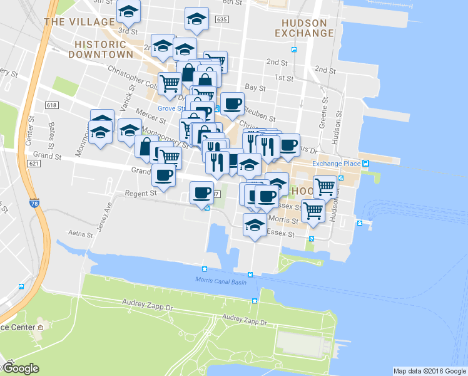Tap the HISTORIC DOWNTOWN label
click(x=104, y=50)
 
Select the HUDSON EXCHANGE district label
click(x=303, y=27)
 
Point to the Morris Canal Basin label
click(x=221, y=281)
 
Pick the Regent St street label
click(x=140, y=194)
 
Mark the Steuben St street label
click(x=263, y=117)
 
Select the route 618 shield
click(x=51, y=105)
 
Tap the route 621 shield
click(x=34, y=164)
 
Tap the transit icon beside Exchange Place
click(x=367, y=164)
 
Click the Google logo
click(x=21, y=368)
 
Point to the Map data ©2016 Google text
click(x=429, y=371)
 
